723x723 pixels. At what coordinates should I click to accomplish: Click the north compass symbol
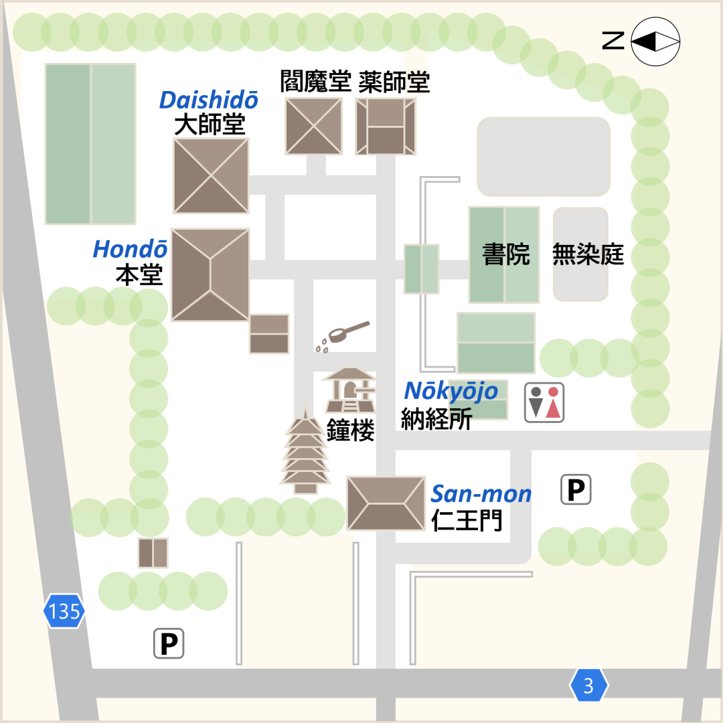[x=655, y=42]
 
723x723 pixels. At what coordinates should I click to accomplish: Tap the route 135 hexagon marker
[x=64, y=611]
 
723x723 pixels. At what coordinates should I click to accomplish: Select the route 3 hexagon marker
[x=588, y=686]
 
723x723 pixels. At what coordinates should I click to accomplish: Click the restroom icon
[x=544, y=402]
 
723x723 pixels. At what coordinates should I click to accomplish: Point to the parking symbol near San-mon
[x=576, y=489]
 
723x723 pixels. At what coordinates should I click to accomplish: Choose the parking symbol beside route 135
[x=169, y=644]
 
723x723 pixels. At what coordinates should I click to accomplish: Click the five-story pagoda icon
[x=305, y=451]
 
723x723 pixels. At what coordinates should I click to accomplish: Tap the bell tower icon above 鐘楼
[x=349, y=390]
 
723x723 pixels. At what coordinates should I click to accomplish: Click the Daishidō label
[x=209, y=100]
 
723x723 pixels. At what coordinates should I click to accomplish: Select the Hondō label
[x=130, y=249]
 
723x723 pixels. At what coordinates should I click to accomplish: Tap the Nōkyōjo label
[x=451, y=391]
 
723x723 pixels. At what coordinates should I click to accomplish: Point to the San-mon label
[x=481, y=494]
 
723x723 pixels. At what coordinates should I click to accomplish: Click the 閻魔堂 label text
[x=315, y=82]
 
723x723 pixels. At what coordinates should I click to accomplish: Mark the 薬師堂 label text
[x=394, y=82]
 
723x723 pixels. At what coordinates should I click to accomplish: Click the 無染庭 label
[x=588, y=254]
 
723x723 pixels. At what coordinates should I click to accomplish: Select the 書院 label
[x=506, y=254]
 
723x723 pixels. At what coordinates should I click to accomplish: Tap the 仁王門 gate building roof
[x=386, y=503]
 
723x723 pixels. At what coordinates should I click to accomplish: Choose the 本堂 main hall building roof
[x=210, y=275]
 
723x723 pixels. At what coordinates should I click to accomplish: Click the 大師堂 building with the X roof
[x=211, y=176]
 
